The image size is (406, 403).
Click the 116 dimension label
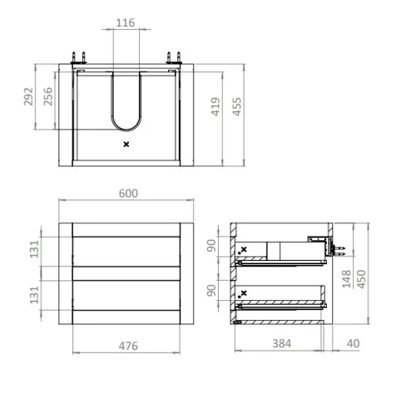(126, 22)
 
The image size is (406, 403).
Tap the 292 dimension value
(28, 96)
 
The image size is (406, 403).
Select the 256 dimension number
(48, 96)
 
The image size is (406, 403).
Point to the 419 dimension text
(215, 106)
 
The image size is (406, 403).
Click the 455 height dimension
(237, 106)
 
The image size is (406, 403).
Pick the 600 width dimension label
(128, 194)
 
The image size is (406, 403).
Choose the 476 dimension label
(128, 346)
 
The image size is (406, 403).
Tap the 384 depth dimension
(282, 343)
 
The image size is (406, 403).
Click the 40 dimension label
(354, 343)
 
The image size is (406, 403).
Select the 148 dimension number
(347, 279)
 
